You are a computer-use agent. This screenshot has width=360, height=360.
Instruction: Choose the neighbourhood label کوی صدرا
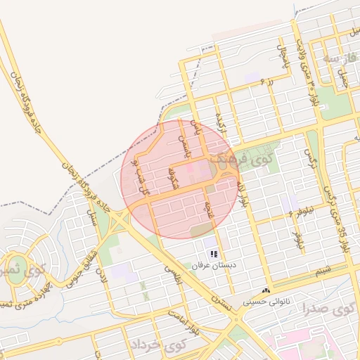click(328, 309)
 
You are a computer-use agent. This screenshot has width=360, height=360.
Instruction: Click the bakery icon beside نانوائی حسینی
click(266, 290)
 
